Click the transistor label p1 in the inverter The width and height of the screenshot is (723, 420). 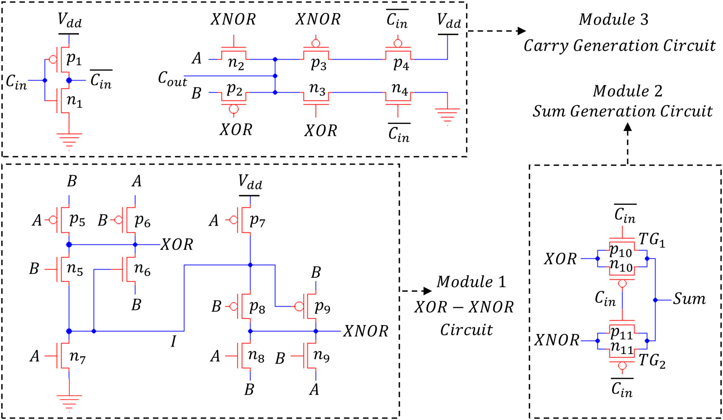[74, 59]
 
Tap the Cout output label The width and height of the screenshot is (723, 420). [172, 78]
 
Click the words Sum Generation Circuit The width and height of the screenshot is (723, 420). [622, 111]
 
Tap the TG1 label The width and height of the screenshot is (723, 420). [652, 240]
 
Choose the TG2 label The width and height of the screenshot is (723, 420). [652, 361]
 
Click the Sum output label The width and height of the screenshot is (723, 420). [689, 299]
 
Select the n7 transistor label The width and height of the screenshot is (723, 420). [77, 356]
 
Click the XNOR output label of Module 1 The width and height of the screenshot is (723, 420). [365, 331]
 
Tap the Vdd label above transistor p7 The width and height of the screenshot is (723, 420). [250, 182]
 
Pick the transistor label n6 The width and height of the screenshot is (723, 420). [142, 268]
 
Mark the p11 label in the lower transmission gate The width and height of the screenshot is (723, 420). [621, 333]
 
